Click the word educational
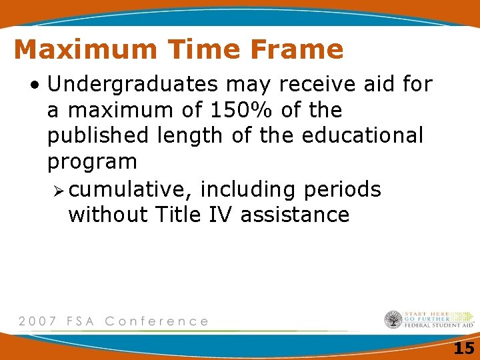362,135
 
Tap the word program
92,162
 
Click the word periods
342,189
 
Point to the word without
107,215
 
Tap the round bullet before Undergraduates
34,85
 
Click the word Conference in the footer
157,321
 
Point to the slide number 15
463,347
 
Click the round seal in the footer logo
393,320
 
